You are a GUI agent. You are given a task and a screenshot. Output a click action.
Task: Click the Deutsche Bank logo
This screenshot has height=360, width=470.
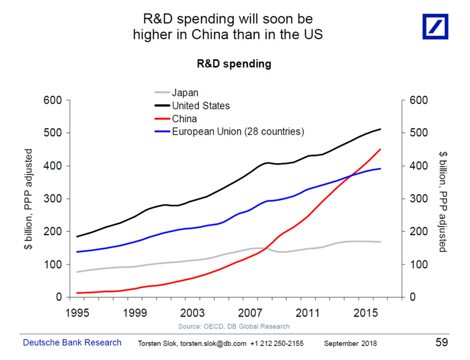point(435,26)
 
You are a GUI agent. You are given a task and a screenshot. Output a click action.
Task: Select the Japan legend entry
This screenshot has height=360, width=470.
point(185,93)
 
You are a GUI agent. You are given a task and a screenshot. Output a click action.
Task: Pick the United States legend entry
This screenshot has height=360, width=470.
point(201,106)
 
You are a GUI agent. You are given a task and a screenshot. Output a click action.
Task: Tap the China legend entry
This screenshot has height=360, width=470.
point(184,119)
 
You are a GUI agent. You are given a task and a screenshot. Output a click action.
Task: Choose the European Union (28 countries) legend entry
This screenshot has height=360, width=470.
point(238,132)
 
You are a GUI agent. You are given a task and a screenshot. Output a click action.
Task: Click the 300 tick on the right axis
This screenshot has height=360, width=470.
point(418,199)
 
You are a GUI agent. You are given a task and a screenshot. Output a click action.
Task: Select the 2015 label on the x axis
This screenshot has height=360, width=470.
point(366,313)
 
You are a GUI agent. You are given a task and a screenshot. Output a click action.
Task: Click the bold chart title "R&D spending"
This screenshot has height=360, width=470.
point(234,64)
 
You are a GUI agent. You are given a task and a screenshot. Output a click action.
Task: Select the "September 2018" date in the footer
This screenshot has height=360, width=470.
point(350,344)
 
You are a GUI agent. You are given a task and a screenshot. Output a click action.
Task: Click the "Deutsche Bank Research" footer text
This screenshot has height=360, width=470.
point(72,343)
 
